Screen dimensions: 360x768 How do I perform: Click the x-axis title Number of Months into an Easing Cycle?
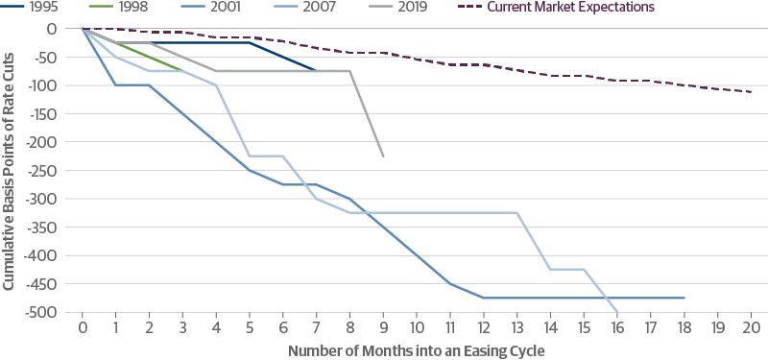416,349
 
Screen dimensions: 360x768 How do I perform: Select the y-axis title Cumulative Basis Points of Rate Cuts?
9,170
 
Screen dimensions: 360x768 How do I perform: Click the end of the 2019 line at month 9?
384,156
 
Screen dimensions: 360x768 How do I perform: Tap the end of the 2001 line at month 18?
684,299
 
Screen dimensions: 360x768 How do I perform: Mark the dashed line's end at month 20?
751,92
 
